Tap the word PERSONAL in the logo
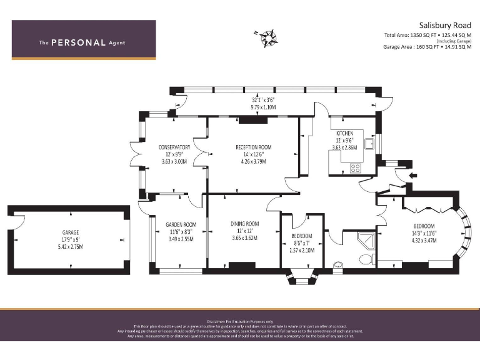[78, 43]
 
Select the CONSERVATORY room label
[174, 147]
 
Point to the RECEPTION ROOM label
[253, 147]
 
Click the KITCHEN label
[344, 133]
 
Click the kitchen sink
[371, 146]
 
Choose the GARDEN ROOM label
[181, 224]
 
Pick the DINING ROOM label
[245, 224]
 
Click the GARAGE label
[70, 231]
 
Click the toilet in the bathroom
[364, 258]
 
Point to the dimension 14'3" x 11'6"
[424, 233]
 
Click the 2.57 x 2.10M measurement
[302, 250]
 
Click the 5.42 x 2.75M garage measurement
[70, 246]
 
